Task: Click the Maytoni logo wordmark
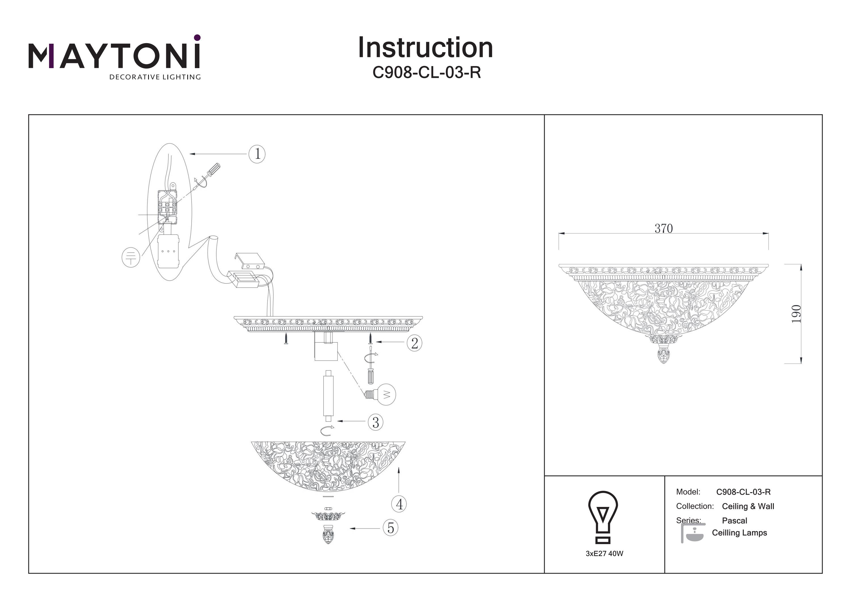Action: pos(114,56)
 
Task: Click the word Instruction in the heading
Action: pos(425,48)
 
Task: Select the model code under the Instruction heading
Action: pos(426,73)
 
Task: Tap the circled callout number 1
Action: pos(257,154)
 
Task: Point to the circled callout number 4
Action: pos(399,504)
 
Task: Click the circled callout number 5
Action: pos(391,528)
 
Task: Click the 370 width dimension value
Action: pos(663,228)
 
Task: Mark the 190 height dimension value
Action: pos(797,314)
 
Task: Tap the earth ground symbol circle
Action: pos(131,257)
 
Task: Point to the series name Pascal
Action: pos(734,520)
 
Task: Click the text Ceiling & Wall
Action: pos(747,506)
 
